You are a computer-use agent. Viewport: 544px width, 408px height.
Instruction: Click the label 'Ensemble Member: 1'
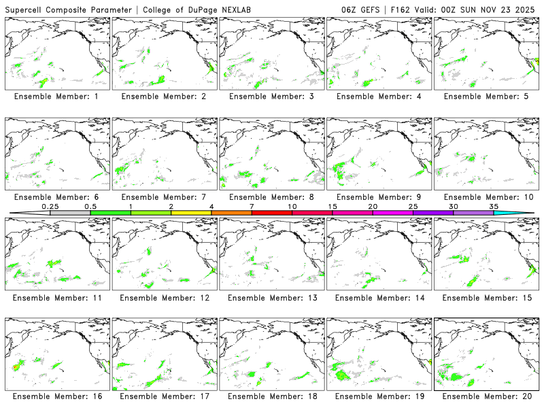point(56,97)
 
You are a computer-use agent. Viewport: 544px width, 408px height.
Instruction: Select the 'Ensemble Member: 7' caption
point(164,197)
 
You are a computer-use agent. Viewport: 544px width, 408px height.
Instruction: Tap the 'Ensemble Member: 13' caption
point(271,297)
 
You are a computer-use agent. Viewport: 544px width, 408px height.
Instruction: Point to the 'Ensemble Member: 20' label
point(486,396)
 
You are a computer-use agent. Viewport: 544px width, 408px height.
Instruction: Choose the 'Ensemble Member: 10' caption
point(486,197)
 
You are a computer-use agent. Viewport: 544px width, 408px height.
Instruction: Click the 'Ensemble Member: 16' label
point(56,396)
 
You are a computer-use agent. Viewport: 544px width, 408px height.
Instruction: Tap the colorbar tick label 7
point(252,206)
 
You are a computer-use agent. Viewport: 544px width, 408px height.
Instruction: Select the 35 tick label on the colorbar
point(494,206)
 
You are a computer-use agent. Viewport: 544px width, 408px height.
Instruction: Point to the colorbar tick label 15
point(333,206)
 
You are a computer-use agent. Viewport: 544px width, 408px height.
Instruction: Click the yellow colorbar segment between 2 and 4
point(191,213)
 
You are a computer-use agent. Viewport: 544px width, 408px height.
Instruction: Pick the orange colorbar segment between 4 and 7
point(231,213)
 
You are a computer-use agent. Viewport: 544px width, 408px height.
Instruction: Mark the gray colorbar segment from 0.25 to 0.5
point(70,213)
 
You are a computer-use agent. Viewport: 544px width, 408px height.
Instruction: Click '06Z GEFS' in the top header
point(361,8)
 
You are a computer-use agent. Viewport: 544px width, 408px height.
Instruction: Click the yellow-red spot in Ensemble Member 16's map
point(16,367)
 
